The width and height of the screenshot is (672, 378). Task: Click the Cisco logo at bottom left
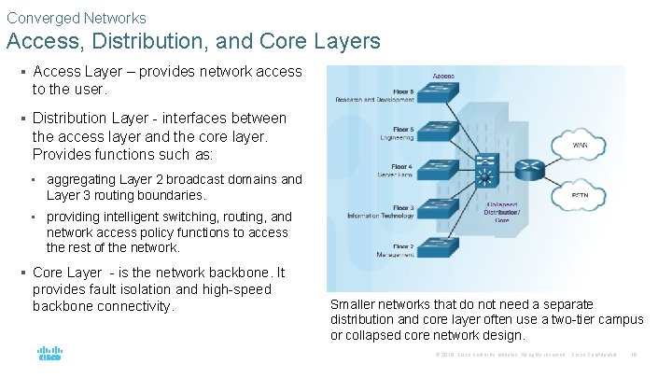pos(49,354)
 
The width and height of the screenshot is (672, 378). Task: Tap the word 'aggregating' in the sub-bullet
pos(83,179)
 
